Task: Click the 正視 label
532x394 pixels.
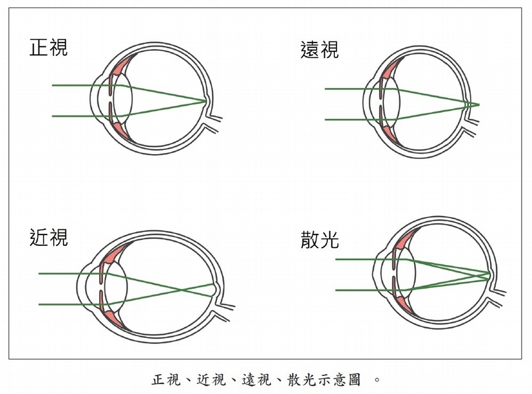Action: tap(48, 47)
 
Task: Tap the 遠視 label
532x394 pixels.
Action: tap(319, 50)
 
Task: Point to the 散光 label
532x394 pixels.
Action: tap(320, 239)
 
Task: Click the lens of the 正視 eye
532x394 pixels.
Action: tap(122, 100)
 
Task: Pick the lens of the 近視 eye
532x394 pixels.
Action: tap(116, 288)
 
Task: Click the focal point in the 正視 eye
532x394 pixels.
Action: tap(206, 101)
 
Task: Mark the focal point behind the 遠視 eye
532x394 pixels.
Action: tap(479, 105)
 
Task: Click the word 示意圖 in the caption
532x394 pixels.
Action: tap(341, 380)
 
